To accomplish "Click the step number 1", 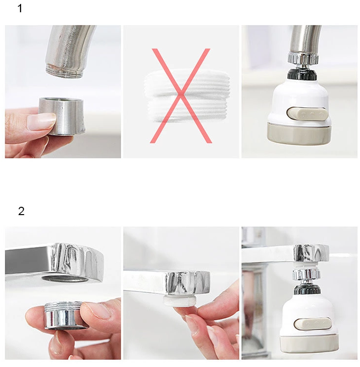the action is pyautogui.click(x=20, y=8).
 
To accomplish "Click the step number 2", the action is pyautogui.click(x=21, y=211).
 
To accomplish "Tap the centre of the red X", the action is pyautogui.click(x=181, y=96).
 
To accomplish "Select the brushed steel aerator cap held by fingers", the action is pyautogui.click(x=62, y=116).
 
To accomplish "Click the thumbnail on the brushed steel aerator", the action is pyautogui.click(x=41, y=121).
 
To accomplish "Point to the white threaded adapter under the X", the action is pyautogui.click(x=187, y=97).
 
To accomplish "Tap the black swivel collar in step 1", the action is pyautogui.click(x=302, y=73).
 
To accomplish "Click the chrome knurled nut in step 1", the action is pyautogui.click(x=303, y=58).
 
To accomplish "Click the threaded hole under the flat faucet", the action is pyautogui.click(x=65, y=278).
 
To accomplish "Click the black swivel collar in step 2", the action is pyautogui.click(x=307, y=289).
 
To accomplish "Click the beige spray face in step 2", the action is pyautogui.click(x=309, y=343).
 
